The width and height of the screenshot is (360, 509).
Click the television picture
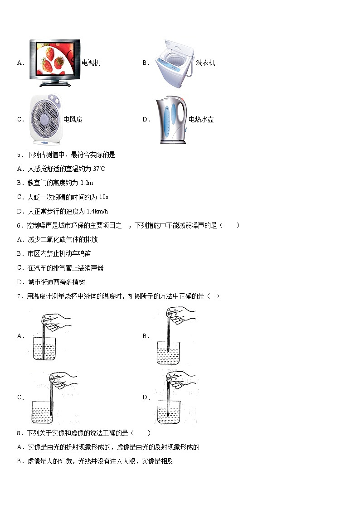55,63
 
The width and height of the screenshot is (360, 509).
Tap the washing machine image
174,63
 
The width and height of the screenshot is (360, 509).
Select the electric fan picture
45,120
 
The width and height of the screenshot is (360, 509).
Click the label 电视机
91,63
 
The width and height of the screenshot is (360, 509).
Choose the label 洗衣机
205,63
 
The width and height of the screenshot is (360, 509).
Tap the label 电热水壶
201,120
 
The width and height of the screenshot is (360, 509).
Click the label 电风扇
73,120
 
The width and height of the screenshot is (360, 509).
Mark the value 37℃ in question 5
99,169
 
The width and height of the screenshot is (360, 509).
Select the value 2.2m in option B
87,183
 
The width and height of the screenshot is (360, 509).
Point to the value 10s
104,197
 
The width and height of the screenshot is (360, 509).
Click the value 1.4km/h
97,211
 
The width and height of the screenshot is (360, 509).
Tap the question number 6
19,226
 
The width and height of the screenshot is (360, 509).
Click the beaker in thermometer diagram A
44,348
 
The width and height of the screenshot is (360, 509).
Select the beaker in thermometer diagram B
168,353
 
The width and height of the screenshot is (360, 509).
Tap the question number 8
19,433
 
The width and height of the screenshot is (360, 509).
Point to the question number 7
19,296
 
